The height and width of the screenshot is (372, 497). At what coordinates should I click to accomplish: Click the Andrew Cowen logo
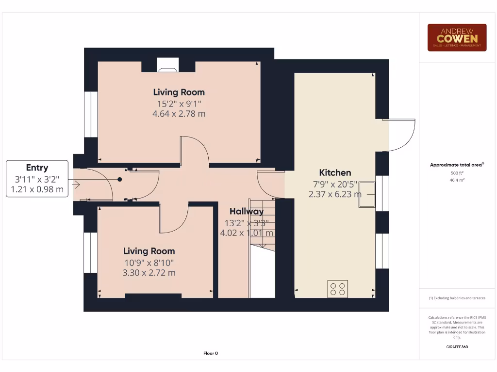(457, 37)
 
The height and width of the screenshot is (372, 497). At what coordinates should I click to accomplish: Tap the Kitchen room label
(335, 172)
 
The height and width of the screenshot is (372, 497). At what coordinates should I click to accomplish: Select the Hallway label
(247, 211)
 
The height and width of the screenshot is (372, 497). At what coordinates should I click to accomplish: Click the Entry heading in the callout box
(37, 168)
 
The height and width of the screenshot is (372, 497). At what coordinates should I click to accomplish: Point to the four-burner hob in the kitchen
(337, 289)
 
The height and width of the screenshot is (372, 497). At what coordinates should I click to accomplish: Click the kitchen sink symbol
(367, 194)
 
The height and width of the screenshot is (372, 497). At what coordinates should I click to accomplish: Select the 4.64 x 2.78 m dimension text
(179, 114)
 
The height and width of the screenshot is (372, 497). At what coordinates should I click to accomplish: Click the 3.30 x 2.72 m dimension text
(149, 273)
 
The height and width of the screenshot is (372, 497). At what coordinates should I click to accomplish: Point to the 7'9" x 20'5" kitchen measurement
(335, 184)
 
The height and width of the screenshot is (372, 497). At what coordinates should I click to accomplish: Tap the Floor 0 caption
(210, 353)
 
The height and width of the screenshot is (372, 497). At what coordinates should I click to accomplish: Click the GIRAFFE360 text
(457, 347)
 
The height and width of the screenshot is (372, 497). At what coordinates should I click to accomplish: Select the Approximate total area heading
(456, 165)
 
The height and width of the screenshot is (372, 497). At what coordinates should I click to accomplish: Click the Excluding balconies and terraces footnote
(457, 298)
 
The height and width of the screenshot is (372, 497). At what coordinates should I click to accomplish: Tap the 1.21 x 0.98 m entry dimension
(37, 189)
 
